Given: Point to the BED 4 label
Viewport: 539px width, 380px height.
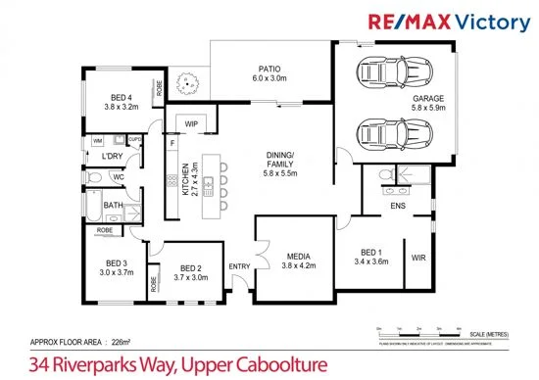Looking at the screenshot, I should coord(122,99).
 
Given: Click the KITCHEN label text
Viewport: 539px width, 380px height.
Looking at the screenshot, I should coord(185,181).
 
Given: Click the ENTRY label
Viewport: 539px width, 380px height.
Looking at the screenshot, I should coord(238,266).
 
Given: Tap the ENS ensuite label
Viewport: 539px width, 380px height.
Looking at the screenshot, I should coord(398,207).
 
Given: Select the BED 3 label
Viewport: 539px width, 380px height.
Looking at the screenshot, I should coord(117,263).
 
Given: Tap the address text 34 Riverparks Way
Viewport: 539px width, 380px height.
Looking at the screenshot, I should coord(178,365).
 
